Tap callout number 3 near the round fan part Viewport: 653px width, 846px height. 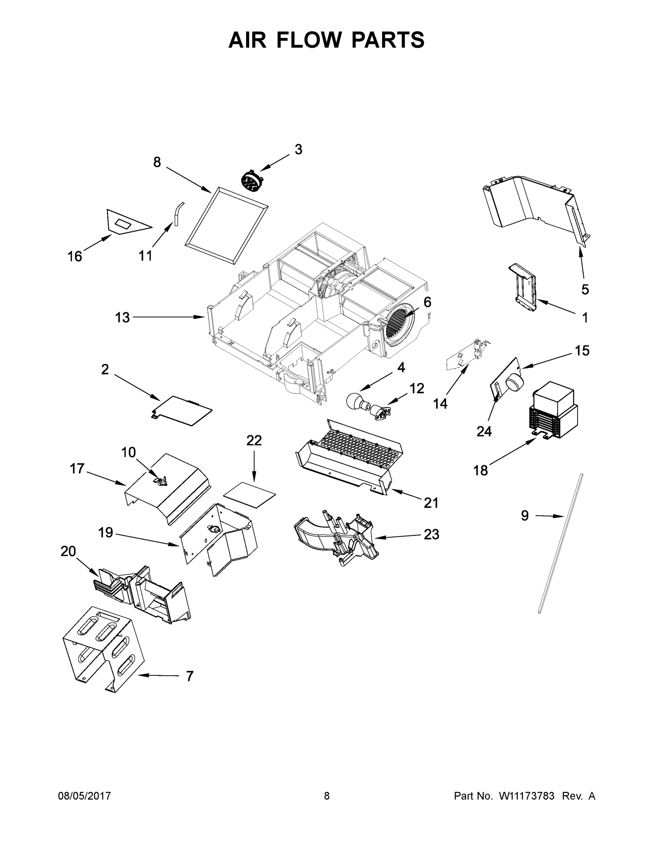coord(298,149)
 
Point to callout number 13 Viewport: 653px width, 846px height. coord(122,318)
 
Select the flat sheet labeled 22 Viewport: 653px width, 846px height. coord(250,495)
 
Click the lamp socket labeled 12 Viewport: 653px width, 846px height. coord(380,411)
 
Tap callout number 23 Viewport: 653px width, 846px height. coord(431,534)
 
